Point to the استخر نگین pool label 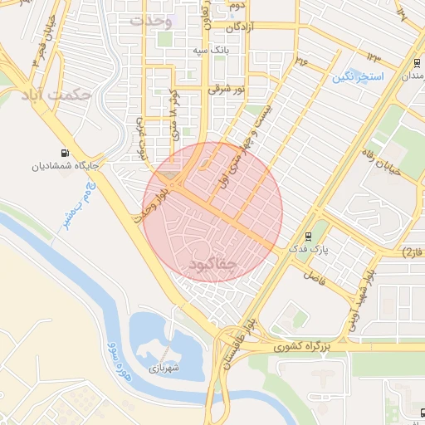tap(358, 76)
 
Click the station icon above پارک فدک tap(309, 235)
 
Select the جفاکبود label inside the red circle tap(213, 263)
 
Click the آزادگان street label tap(233, 27)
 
